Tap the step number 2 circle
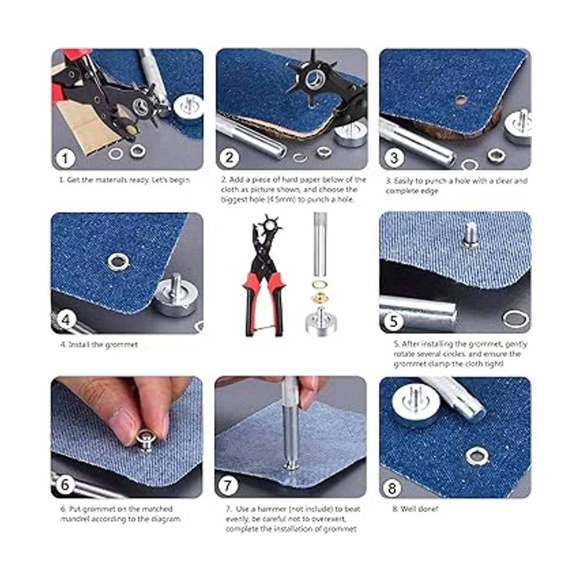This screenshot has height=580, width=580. [x=230, y=158]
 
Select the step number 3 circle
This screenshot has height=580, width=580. [x=394, y=158]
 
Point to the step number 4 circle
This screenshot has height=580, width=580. [x=66, y=320]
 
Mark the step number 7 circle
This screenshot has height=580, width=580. [x=228, y=485]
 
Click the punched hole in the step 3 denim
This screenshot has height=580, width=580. [x=460, y=100]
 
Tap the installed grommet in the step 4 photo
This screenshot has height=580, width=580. [x=119, y=261]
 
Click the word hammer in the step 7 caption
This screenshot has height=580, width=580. [x=268, y=509]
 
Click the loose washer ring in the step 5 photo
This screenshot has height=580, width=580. [x=515, y=319]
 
